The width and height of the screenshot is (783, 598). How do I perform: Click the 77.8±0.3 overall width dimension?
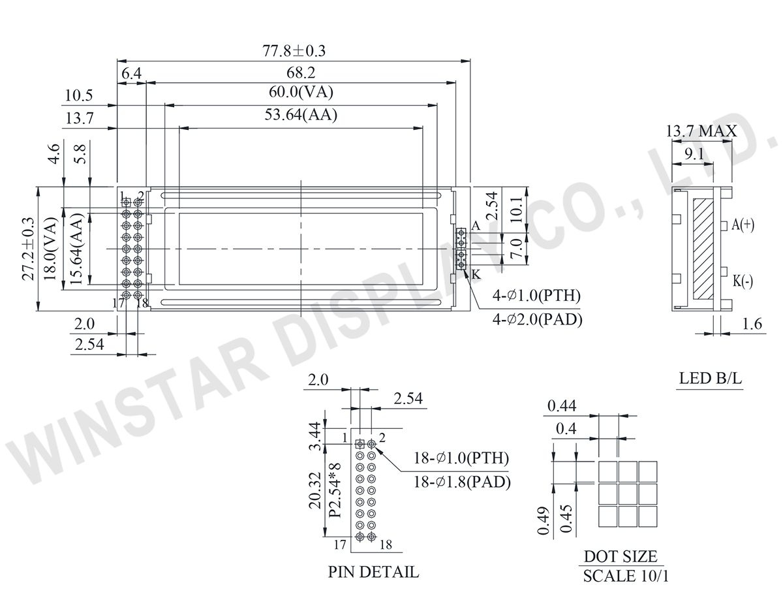pyautogui.click(x=294, y=51)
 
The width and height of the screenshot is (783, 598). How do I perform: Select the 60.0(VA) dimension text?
pyautogui.click(x=301, y=92)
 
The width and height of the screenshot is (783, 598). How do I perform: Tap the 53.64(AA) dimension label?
pyautogui.click(x=301, y=115)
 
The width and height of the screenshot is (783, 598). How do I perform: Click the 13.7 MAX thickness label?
pyautogui.click(x=701, y=131)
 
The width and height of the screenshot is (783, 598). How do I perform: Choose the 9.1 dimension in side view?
pyautogui.click(x=694, y=154)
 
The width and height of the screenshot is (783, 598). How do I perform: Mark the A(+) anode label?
pyautogui.click(x=743, y=225)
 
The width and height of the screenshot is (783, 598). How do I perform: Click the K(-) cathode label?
pyautogui.click(x=743, y=281)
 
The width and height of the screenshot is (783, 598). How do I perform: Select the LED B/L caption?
pyautogui.click(x=710, y=378)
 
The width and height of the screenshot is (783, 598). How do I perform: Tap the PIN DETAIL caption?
pyautogui.click(x=373, y=572)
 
